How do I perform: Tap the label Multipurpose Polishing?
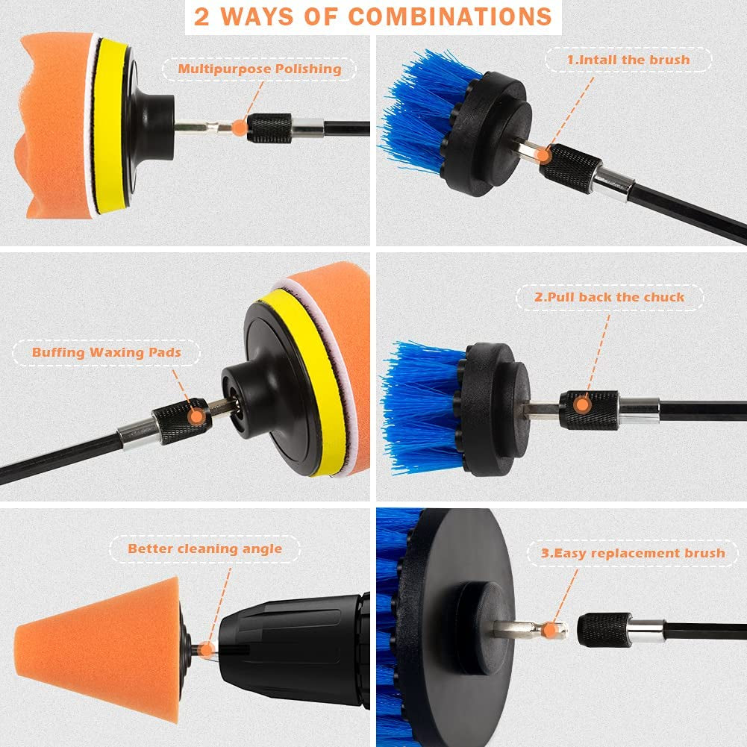click(260, 69)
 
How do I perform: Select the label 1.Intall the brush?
click(628, 60)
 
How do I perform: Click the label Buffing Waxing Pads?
click(107, 352)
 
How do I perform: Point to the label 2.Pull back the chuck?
click(610, 297)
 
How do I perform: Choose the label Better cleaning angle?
click(205, 548)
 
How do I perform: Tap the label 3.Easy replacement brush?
click(633, 553)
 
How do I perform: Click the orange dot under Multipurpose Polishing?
click(240, 127)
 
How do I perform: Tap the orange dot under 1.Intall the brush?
click(543, 155)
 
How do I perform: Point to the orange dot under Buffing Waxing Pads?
click(196, 416)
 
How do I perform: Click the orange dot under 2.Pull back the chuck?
click(581, 405)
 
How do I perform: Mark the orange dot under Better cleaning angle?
click(206, 650)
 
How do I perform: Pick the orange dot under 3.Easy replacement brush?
click(550, 631)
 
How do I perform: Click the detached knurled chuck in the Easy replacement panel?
click(603, 631)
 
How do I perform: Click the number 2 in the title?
click(201, 16)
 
